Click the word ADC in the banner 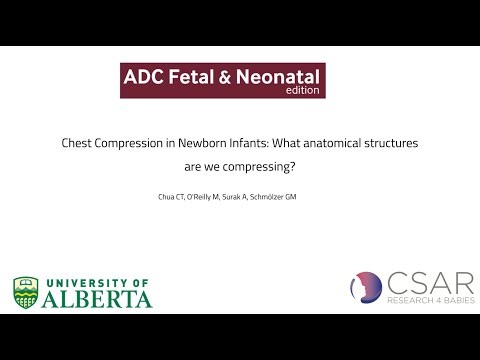coord(142,75)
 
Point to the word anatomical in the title coord(339,144)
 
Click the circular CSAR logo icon coord(367,288)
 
